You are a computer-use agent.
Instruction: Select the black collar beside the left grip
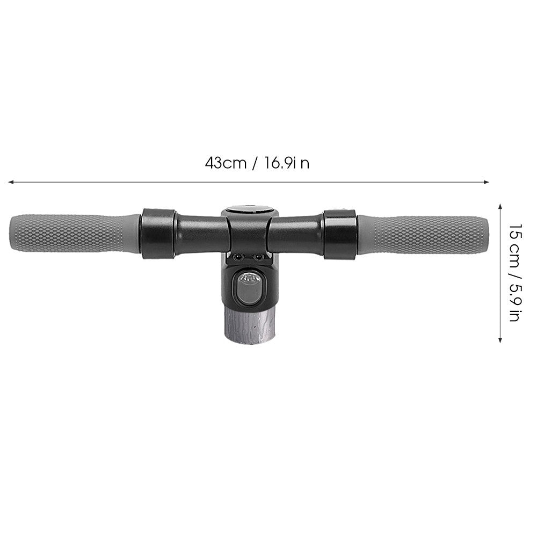point(158,234)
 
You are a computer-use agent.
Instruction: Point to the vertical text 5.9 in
point(514,301)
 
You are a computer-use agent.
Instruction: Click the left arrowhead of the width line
point(10,182)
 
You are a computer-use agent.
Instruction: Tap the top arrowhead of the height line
point(500,206)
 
